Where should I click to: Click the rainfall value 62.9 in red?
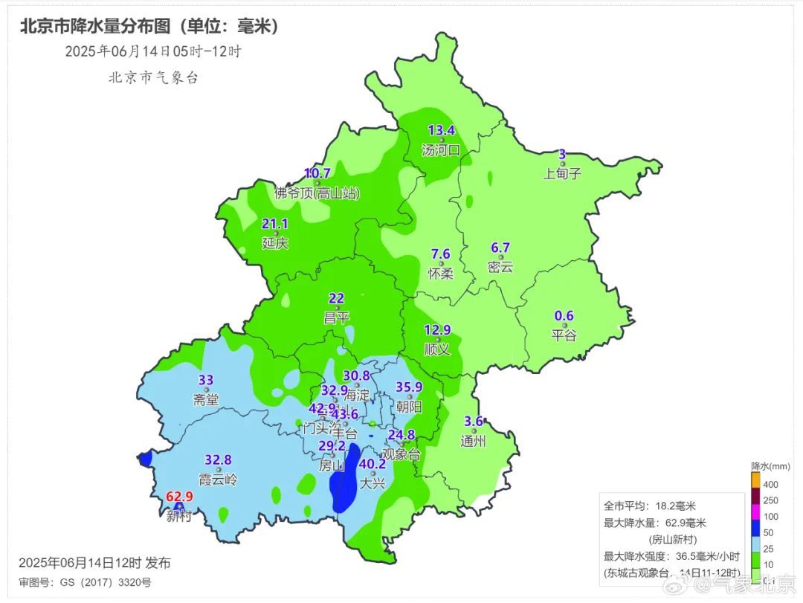click(179, 497)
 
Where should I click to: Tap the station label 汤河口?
click(441, 149)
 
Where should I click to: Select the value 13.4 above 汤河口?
click(440, 131)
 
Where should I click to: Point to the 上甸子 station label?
click(562, 173)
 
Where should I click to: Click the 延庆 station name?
click(275, 242)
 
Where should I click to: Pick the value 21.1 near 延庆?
click(275, 224)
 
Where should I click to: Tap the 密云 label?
click(500, 266)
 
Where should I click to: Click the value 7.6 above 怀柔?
click(440, 254)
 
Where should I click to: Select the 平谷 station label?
click(564, 335)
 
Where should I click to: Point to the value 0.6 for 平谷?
click(564, 315)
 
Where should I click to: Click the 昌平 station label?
click(336, 317)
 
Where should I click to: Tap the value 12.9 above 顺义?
click(437, 330)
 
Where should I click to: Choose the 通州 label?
click(473, 440)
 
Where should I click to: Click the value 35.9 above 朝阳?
click(409, 387)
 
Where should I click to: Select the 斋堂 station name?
click(206, 399)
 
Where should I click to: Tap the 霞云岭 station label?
click(219, 479)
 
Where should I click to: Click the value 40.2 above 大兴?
click(373, 465)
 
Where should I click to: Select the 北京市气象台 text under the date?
click(153, 77)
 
